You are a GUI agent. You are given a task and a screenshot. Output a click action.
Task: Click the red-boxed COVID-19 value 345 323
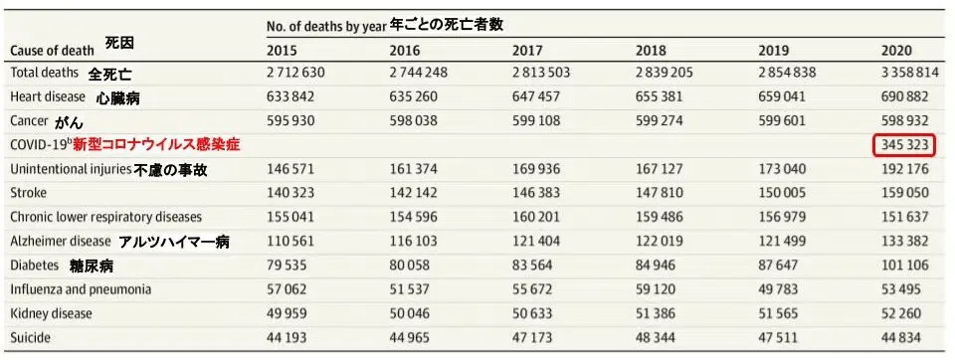coord(904,146)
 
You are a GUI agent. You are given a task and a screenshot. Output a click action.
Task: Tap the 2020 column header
coord(896,51)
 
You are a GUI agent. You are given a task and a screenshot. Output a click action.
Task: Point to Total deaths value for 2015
coord(295,73)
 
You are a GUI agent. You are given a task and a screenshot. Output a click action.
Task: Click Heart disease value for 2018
coord(659,96)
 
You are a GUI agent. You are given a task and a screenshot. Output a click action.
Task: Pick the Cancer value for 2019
coord(782,120)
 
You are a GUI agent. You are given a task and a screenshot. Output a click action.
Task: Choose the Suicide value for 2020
coord(901,337)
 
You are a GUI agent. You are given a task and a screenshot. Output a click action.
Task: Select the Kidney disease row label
coord(51,313)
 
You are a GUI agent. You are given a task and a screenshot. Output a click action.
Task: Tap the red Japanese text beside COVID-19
coord(156,145)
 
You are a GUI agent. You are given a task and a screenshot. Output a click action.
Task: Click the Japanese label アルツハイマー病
coord(174,242)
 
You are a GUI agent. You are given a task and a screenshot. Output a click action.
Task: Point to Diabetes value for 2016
coord(409,266)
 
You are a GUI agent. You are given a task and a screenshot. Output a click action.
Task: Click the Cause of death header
coord(53,51)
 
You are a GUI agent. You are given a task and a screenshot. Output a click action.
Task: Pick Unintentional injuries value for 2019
coord(782,169)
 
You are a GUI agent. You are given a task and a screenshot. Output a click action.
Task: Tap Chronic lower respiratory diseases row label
coord(106,218)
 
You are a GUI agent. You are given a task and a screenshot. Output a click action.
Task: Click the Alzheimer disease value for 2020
coord(905,242)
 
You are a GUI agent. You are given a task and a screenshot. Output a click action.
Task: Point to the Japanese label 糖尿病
coord(92,267)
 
